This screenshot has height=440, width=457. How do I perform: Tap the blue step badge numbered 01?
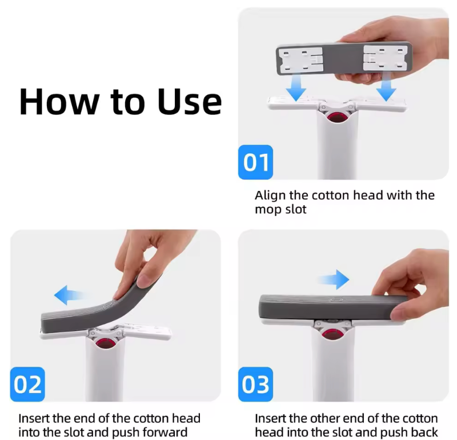[255, 162]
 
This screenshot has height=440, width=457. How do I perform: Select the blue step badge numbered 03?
[255, 385]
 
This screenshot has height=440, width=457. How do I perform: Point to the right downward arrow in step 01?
[387, 89]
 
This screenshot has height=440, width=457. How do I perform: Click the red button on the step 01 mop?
[335, 118]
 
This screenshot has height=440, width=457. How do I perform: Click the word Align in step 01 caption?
[270, 195]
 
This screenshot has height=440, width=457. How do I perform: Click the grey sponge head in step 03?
[320, 307]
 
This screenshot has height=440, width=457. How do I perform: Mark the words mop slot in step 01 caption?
[280, 210]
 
